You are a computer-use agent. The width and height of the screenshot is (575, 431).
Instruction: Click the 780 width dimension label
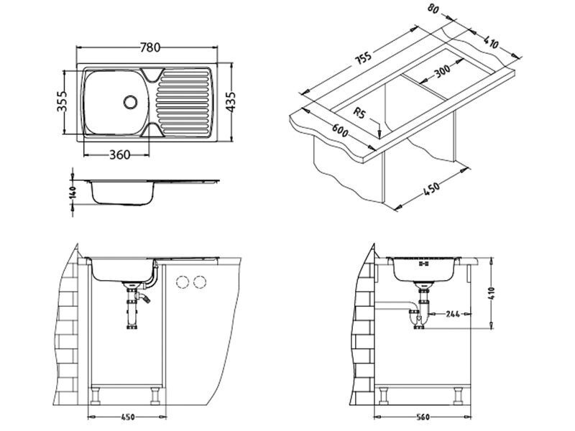click(x=150, y=47)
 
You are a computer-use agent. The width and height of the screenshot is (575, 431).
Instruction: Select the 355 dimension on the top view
click(x=62, y=101)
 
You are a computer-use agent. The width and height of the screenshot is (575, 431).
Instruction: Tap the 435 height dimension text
click(x=231, y=102)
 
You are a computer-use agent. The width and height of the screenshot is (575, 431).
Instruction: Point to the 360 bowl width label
click(x=120, y=154)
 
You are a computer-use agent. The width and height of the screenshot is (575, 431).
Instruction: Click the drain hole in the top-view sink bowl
click(x=130, y=102)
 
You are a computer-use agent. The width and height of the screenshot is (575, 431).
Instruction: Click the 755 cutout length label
click(x=364, y=60)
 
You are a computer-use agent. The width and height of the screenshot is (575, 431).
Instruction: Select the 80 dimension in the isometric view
click(x=433, y=9)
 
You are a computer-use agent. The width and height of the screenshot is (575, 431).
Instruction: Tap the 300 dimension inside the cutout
click(x=442, y=71)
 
